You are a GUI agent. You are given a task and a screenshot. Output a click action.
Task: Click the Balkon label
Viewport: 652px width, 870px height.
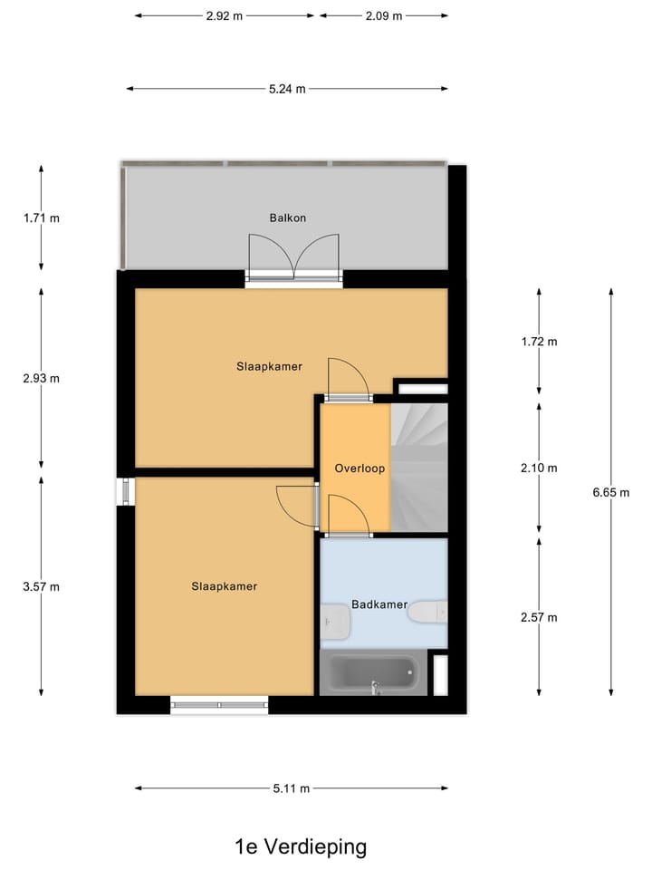(x=288, y=218)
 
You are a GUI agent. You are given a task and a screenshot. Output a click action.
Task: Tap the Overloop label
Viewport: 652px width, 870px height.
(x=360, y=469)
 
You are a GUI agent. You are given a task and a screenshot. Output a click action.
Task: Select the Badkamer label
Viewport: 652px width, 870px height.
(x=379, y=604)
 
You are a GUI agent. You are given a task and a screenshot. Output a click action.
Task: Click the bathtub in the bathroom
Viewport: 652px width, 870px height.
(x=373, y=673)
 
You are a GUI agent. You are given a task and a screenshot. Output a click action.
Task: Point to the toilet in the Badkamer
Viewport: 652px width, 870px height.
(x=427, y=613)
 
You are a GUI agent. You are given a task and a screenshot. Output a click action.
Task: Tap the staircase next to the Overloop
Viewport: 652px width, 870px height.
(x=419, y=468)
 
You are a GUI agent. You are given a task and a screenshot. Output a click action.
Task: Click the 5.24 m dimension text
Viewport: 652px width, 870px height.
(x=287, y=89)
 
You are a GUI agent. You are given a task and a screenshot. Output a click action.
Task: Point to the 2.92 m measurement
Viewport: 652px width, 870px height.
(x=225, y=16)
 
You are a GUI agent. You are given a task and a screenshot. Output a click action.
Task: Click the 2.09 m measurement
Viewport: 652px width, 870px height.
(x=384, y=16)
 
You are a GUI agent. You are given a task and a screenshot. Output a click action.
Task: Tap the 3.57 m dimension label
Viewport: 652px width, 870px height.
(x=41, y=586)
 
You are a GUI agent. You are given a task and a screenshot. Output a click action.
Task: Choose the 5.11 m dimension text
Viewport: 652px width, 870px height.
(x=291, y=788)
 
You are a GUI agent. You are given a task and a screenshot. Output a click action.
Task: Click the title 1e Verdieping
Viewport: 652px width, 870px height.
(x=301, y=847)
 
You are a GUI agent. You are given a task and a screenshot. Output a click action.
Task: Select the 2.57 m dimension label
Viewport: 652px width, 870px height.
(x=539, y=617)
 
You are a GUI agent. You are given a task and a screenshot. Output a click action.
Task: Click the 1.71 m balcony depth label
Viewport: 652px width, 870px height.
(x=41, y=217)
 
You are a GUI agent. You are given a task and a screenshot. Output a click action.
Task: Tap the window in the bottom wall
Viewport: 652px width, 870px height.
(x=219, y=703)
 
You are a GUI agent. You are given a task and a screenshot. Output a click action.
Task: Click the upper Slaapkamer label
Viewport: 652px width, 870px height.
(x=269, y=366)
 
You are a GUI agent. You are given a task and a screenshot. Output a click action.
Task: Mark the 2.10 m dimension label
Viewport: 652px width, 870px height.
(x=539, y=469)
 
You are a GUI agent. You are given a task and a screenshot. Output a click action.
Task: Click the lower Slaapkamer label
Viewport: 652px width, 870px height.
(x=224, y=586)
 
